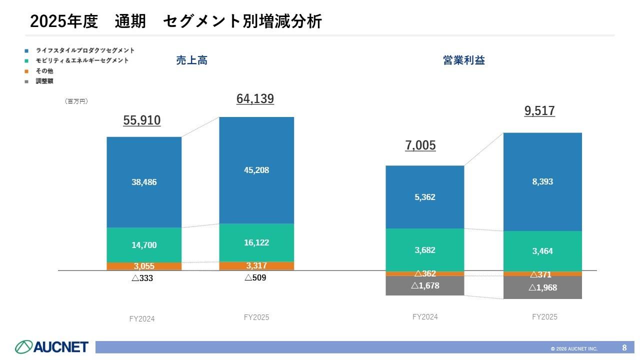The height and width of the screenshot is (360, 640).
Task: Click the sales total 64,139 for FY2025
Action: pyautogui.click(x=255, y=99)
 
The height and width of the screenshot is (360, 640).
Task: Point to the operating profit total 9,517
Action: pyautogui.click(x=539, y=111)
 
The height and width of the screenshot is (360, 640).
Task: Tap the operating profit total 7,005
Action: pyautogui.click(x=420, y=145)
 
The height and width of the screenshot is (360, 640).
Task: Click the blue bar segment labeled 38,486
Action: pyautogui.click(x=144, y=182)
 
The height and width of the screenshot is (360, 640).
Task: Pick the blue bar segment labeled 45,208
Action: pyautogui.click(x=256, y=170)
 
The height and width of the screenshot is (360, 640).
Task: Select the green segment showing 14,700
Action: pyautogui.click(x=144, y=245)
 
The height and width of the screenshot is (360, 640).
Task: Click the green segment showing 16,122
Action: pyautogui.click(x=256, y=242)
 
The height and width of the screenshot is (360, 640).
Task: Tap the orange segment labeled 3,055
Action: pyautogui.click(x=144, y=266)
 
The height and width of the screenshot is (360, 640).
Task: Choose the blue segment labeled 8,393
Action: pyautogui.click(x=542, y=181)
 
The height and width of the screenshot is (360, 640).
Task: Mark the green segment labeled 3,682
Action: pyautogui.click(x=424, y=250)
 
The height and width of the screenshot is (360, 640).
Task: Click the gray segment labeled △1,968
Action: pyautogui.click(x=542, y=287)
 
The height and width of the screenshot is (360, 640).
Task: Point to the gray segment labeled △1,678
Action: pyautogui.click(x=424, y=285)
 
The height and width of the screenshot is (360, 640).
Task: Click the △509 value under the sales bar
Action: pyautogui.click(x=255, y=278)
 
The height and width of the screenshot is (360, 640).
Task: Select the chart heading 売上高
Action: pyautogui.click(x=191, y=60)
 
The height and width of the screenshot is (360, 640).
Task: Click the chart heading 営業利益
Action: pyautogui.click(x=463, y=60)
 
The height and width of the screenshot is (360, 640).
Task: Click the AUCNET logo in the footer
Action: pyautogui.click(x=51, y=346)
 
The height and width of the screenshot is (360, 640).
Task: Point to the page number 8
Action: pyautogui.click(x=624, y=347)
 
